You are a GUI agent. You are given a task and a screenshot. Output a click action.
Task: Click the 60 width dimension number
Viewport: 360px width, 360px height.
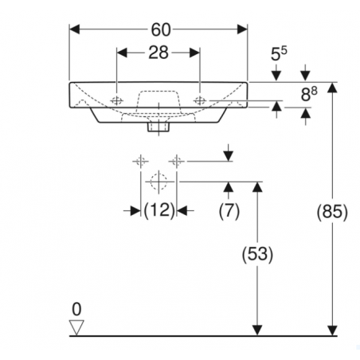161,29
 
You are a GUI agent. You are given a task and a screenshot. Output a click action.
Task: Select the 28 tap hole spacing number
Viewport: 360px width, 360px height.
158,53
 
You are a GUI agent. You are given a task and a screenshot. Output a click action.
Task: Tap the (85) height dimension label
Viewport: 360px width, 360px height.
332,212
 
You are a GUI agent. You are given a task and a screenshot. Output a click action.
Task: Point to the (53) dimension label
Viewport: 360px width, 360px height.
257,254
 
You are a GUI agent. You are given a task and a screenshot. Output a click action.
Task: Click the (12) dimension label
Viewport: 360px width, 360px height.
158,210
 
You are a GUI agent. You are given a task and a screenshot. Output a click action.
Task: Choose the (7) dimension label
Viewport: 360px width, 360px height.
229,211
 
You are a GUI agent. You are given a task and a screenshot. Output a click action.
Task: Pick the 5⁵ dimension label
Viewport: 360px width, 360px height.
279,53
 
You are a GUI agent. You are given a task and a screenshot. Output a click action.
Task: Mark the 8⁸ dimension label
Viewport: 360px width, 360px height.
309,94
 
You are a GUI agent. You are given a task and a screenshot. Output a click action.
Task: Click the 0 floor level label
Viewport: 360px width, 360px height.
76,309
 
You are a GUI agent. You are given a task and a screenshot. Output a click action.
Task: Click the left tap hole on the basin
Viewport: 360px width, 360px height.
116,100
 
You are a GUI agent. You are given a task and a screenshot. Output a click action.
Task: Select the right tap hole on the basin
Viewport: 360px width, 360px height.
200,100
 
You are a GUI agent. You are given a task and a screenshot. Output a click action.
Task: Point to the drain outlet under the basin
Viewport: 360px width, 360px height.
158,127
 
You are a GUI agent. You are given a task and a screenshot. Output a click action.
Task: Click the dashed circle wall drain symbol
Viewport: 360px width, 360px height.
158,182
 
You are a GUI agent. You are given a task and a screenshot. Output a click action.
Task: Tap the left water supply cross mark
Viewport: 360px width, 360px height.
141,161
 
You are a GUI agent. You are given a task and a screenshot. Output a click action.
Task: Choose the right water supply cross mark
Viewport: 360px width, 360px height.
177,161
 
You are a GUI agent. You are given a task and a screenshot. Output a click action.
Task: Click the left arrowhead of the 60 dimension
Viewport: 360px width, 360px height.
74,29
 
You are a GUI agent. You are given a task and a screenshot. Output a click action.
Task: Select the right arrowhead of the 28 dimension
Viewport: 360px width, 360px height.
194,53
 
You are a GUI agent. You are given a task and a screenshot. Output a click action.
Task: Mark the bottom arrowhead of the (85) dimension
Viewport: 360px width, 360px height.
332,331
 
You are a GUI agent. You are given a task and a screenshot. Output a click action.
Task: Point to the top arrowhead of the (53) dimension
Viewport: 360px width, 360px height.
257,187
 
